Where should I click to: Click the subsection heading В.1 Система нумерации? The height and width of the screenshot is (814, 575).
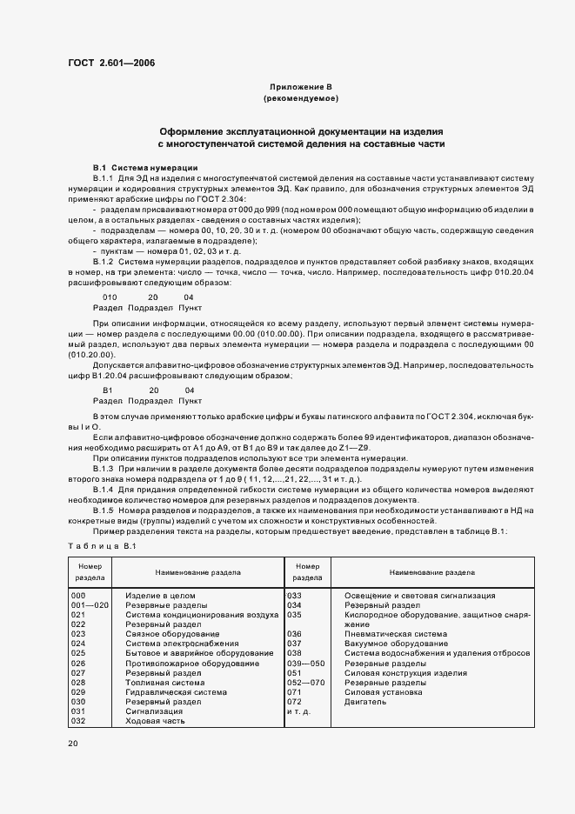145,167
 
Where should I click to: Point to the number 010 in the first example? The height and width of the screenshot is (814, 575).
110,297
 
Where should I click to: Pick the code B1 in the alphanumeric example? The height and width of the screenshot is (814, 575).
108,391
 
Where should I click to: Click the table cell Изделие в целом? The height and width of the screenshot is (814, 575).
158,596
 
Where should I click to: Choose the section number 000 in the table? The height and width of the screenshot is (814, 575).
77,596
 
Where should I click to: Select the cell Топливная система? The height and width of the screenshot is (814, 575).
165,683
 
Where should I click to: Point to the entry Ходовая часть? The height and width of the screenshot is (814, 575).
154,721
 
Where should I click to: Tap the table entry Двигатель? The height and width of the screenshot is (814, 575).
364,702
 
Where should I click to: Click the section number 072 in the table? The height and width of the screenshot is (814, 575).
294,702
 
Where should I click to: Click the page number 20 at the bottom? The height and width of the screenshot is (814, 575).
73,744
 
